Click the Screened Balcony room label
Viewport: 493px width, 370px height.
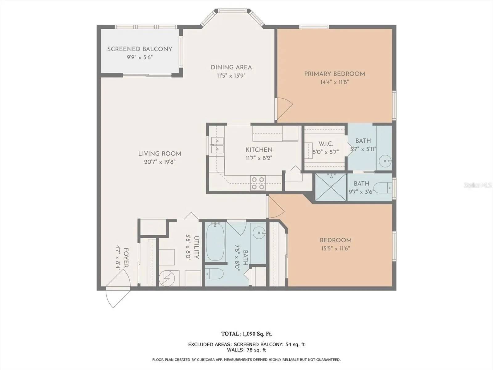pos(140,49)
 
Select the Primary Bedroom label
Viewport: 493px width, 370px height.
pos(334,74)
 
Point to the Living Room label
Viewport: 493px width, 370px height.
pos(160,154)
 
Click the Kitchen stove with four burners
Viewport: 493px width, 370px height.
pos(258,183)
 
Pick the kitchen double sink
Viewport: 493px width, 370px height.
pos(217,145)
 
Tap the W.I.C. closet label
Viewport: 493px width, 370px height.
pos(326,144)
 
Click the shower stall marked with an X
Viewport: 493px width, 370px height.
pos(331,187)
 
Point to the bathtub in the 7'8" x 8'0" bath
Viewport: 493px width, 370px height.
pos(215,241)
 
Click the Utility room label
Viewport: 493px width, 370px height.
pos(196,247)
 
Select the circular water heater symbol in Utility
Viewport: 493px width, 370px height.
pos(166,278)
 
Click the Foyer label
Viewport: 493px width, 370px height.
pos(126,258)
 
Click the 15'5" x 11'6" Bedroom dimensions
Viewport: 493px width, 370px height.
pos(335,249)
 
